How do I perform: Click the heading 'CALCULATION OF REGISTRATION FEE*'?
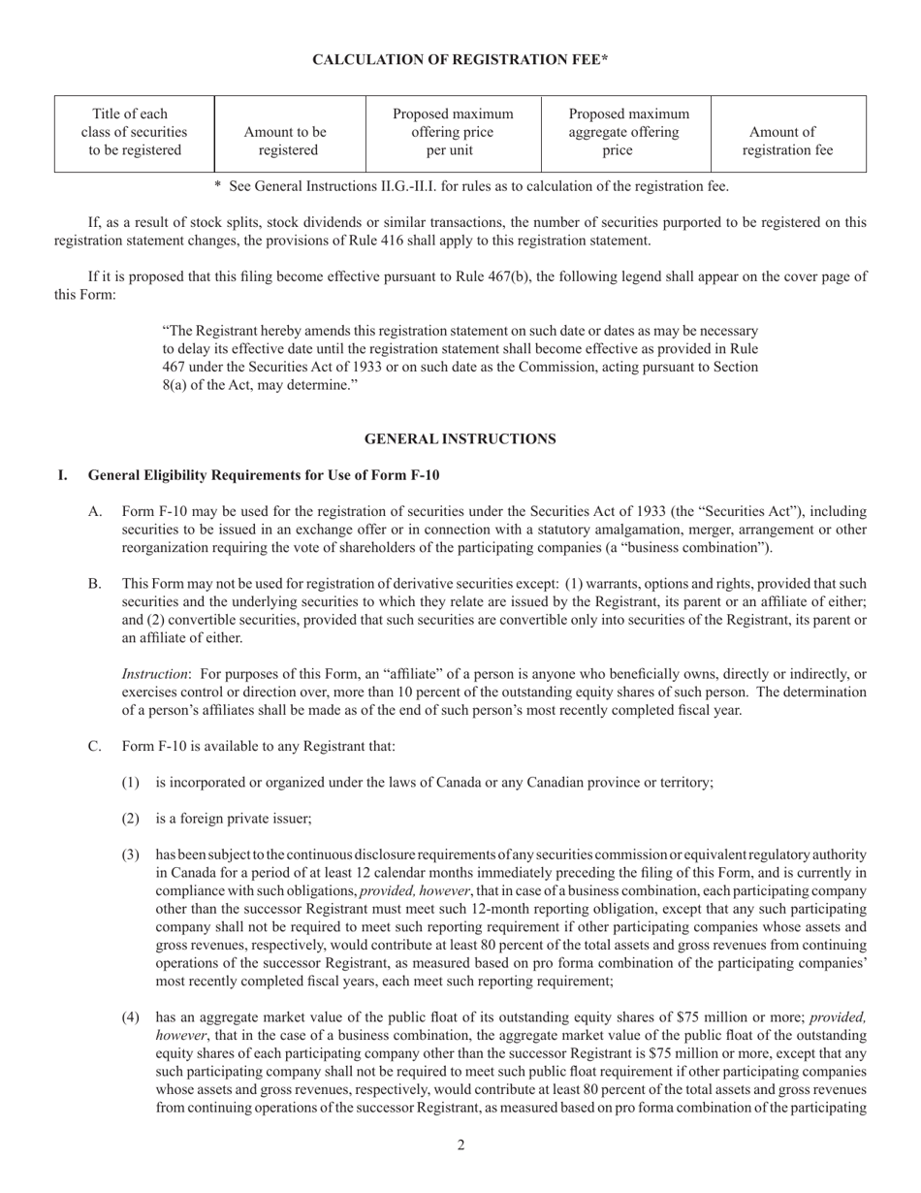460,60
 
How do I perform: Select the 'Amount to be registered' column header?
286,142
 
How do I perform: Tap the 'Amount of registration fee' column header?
787,142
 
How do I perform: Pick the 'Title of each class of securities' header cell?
134,133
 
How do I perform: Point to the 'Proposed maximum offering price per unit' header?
453,133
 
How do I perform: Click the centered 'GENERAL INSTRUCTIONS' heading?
460,439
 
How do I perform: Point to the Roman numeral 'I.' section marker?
63,475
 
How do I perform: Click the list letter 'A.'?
95,511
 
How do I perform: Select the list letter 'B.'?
95,584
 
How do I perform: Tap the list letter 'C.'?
95,746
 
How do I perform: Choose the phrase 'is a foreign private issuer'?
234,819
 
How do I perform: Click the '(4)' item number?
130,1017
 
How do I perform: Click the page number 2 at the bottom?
460,1145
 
